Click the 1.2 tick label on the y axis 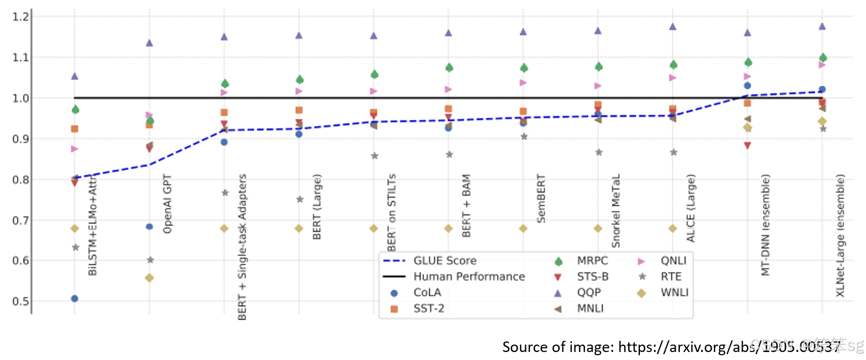tap(21, 16)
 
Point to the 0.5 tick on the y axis tap(21, 301)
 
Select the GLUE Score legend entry tap(445, 261)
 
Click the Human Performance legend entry tap(469, 277)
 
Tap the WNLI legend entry tap(674, 292)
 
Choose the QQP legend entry tap(589, 292)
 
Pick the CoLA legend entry tap(427, 292)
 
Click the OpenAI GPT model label tap(168, 204)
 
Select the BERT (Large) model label tap(317, 207)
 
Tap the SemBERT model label tap(541, 198)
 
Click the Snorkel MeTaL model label tap(616, 211)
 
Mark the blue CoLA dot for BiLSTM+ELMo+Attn tap(74, 299)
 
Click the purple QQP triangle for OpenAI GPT tap(149, 43)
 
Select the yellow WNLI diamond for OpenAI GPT tap(149, 278)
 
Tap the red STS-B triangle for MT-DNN tap(747, 146)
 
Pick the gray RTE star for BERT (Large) tap(299, 199)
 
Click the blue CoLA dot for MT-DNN tap(747, 86)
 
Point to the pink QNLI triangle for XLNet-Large tap(822, 65)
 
